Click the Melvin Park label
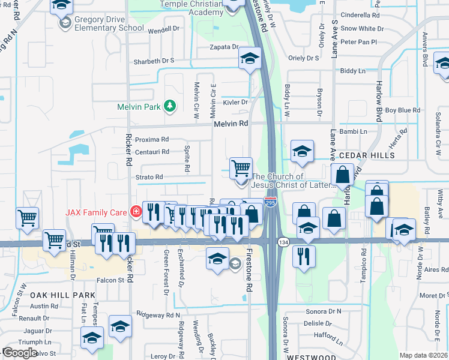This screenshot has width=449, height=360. click(x=140, y=107)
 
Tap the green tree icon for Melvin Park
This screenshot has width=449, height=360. click(x=170, y=106)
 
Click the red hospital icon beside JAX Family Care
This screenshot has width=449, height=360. click(x=136, y=212)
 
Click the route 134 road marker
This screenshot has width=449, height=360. click(x=283, y=241)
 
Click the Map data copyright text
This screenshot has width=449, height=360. click(x=423, y=355)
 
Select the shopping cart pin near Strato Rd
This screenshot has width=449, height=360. click(x=241, y=167)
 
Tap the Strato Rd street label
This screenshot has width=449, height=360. click(x=149, y=177)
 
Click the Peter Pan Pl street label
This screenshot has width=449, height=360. click(x=358, y=42)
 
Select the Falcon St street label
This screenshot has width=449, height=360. click(x=111, y=280)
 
